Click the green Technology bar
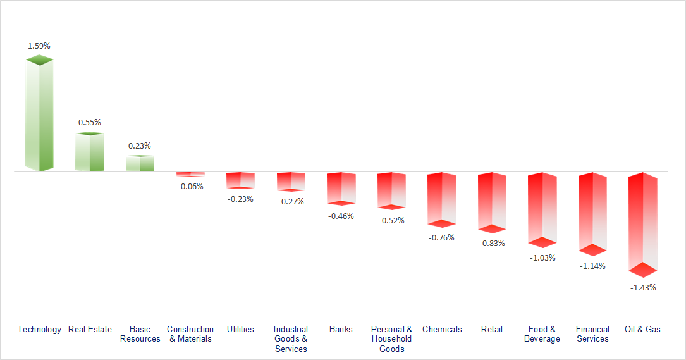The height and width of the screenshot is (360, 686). tap(39, 114)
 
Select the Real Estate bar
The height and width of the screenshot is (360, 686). tap(89, 152)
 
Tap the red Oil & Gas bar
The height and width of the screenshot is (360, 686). tap(643, 221)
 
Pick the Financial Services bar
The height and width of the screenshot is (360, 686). tap(592, 212)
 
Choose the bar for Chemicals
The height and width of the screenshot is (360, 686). tap(441, 198)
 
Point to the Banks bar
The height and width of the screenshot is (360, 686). tap(341, 188)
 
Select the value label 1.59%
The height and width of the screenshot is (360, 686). tap(39, 46)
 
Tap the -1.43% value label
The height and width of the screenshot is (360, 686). tap(643, 287)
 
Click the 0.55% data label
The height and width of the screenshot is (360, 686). tap(89, 122)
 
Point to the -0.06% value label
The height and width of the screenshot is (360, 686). tap(190, 186)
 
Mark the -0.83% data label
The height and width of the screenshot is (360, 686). tap(492, 243)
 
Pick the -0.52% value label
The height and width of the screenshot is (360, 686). tap(391, 220)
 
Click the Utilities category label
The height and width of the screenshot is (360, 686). tap(240, 329)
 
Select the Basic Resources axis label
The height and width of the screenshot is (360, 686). tap(140, 334)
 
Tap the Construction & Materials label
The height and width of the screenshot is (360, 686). tap(190, 334)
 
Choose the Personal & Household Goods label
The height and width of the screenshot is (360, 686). tap(391, 338)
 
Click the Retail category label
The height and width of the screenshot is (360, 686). tap(492, 329)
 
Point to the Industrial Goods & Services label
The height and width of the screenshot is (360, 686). tap(291, 338)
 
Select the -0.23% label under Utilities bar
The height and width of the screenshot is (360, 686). tap(240, 199)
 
